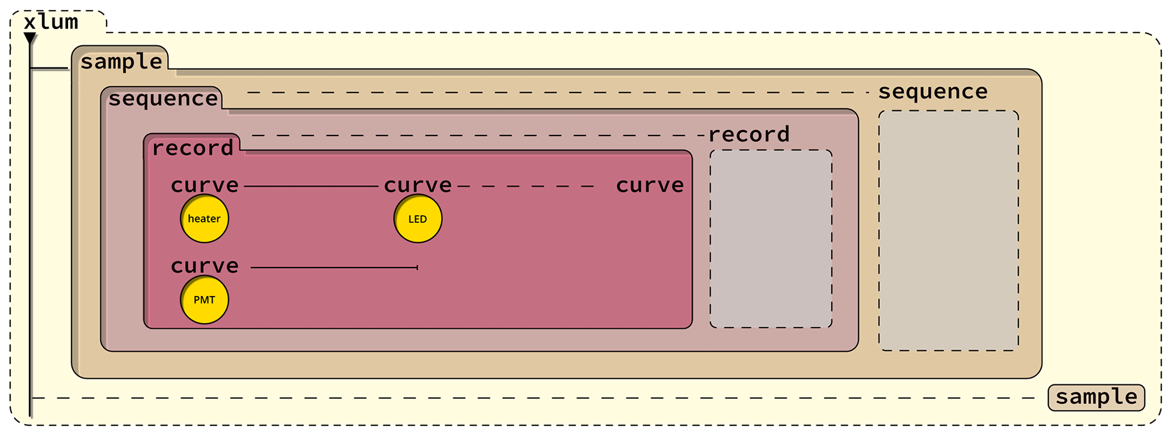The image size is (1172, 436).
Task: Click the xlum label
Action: (x=50, y=22)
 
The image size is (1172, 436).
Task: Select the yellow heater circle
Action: (x=204, y=219)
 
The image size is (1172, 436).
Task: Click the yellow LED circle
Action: (x=418, y=219)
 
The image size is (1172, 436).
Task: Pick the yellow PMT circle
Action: (x=204, y=300)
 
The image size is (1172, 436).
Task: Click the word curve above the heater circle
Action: (x=205, y=185)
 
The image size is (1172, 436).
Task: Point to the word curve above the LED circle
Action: (x=418, y=185)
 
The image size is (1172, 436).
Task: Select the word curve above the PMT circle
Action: (x=205, y=266)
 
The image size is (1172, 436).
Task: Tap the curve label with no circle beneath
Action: (x=650, y=185)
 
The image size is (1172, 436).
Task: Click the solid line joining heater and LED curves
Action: (x=311, y=186)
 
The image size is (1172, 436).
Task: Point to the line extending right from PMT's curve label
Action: (x=334, y=267)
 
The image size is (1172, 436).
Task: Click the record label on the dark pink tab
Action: (x=192, y=148)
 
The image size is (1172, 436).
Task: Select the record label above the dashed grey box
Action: (x=748, y=135)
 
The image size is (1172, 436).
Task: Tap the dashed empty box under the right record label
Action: (x=771, y=239)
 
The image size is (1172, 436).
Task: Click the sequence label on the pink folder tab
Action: (x=163, y=99)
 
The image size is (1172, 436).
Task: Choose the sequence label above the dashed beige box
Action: (x=933, y=92)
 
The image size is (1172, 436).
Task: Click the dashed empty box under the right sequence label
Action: (x=948, y=230)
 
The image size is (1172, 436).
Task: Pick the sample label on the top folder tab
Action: (x=121, y=61)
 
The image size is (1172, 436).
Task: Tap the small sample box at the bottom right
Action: (x=1096, y=397)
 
